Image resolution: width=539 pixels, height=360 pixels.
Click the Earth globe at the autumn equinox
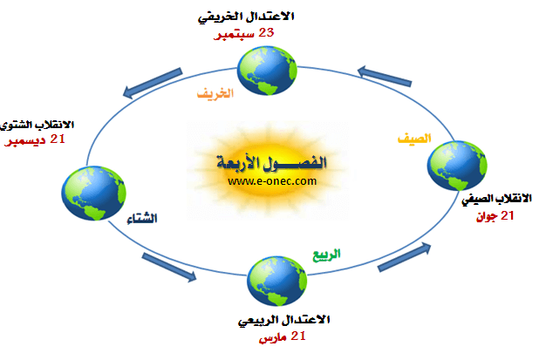(x=267, y=71)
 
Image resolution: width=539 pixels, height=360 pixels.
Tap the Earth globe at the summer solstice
(x=457, y=166)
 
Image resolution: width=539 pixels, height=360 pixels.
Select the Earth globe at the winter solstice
(x=94, y=193)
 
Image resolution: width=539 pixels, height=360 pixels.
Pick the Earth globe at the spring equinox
(x=276, y=281)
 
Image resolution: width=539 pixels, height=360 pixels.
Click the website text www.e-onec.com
(x=272, y=181)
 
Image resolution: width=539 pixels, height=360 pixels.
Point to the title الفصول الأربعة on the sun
(x=271, y=162)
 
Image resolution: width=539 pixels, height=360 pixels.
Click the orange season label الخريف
(x=215, y=93)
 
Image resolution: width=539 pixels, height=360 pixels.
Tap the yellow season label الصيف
(x=414, y=139)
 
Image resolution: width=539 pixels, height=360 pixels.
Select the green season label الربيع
(x=326, y=255)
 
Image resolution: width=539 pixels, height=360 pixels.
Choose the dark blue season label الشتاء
(x=142, y=219)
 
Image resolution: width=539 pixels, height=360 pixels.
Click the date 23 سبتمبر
(x=243, y=34)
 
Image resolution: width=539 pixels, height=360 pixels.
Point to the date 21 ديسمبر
(x=35, y=140)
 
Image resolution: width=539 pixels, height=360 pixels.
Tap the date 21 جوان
(x=495, y=216)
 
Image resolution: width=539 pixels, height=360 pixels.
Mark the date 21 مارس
(x=283, y=336)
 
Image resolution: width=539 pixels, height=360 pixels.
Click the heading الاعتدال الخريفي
(x=246, y=17)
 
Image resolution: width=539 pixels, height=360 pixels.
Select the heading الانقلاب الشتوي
(x=37, y=125)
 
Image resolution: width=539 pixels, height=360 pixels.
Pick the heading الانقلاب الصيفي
(x=497, y=199)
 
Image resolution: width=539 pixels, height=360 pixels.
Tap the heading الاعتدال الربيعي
(x=284, y=320)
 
